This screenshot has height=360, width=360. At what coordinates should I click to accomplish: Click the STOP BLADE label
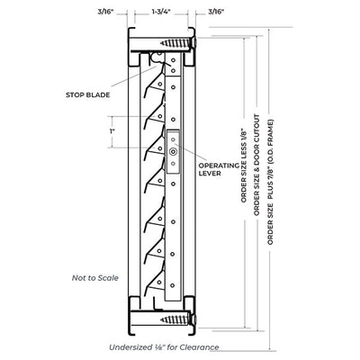88,95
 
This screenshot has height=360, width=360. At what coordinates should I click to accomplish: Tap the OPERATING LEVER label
220,169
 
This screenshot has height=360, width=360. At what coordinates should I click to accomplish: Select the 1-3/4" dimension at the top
161,12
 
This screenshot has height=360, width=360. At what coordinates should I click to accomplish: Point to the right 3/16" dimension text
216,12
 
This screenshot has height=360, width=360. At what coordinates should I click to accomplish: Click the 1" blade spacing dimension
112,131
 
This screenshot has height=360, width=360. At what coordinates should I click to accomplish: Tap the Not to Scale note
95,278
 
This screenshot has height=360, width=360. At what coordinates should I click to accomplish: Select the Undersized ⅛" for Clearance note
164,347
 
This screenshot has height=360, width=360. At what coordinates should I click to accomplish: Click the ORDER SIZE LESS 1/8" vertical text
244,166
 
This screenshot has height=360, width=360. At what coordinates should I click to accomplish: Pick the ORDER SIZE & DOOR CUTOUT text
256,165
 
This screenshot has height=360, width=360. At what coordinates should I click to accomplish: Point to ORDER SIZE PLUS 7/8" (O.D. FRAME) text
271,182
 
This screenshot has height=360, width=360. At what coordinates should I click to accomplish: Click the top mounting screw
178,42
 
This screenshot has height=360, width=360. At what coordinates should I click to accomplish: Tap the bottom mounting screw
178,319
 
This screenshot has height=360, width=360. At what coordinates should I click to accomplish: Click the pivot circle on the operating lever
173,152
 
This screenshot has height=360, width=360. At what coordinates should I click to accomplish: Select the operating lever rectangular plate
173,152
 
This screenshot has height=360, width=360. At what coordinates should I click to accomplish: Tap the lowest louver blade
155,282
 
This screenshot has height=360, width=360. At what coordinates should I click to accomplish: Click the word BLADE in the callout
98,95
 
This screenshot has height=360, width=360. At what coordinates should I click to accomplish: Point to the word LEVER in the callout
210,173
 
